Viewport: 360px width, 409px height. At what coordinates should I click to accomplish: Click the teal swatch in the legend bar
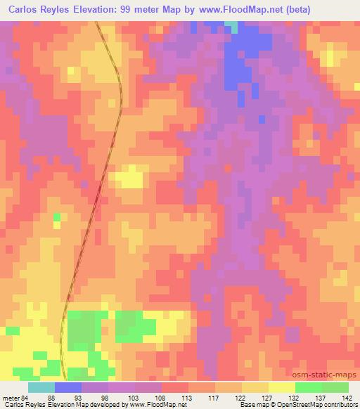[x=41, y=387]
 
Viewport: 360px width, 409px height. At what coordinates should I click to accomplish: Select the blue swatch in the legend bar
[x=68, y=387]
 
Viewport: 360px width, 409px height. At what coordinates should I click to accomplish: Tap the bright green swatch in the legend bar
[x=308, y=387]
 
